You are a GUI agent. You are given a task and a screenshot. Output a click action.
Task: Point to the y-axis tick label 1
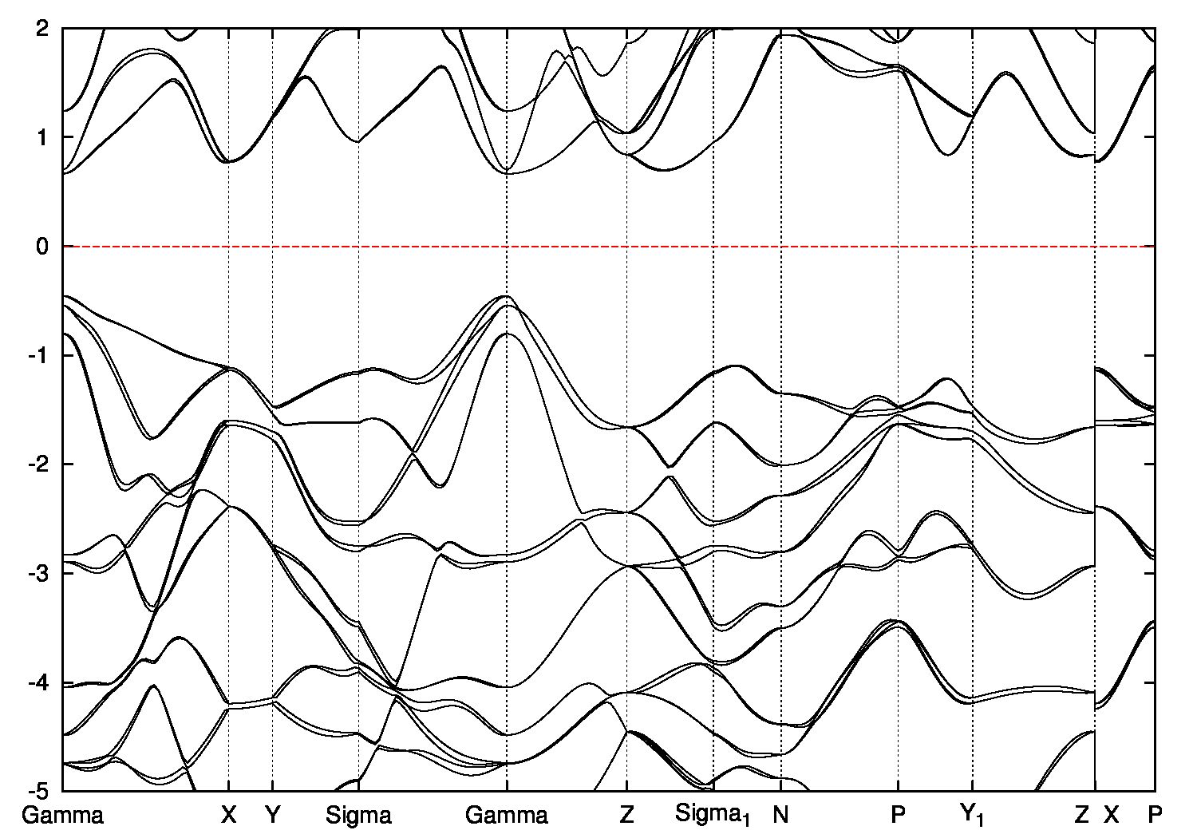[x=45, y=137]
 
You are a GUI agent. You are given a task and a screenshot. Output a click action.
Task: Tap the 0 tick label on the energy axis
[x=45, y=247]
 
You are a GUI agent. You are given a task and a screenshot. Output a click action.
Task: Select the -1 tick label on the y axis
[x=41, y=355]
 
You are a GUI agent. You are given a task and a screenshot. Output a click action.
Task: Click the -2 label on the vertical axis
[x=41, y=464]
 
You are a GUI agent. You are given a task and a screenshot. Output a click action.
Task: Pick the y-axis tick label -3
[x=41, y=573]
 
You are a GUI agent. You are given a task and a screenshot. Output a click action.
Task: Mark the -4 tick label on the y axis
[x=41, y=682]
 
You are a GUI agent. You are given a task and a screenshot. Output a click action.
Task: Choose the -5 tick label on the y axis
[x=41, y=791]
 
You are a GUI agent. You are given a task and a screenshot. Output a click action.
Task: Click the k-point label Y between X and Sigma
[x=273, y=815]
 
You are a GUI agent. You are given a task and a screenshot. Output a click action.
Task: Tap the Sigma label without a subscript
[x=359, y=815]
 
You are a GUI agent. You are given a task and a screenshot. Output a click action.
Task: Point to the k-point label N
[x=780, y=815]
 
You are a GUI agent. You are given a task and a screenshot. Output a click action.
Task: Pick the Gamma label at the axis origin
[x=63, y=815]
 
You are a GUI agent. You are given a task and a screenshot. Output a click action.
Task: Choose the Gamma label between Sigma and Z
[x=507, y=815]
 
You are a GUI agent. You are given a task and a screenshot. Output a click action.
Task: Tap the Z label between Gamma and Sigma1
[x=626, y=815]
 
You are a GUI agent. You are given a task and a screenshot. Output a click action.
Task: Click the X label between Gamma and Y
[x=229, y=815]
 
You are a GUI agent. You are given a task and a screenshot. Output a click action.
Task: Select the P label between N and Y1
[x=899, y=815]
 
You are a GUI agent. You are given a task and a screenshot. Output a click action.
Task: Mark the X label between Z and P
[x=1112, y=815]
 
